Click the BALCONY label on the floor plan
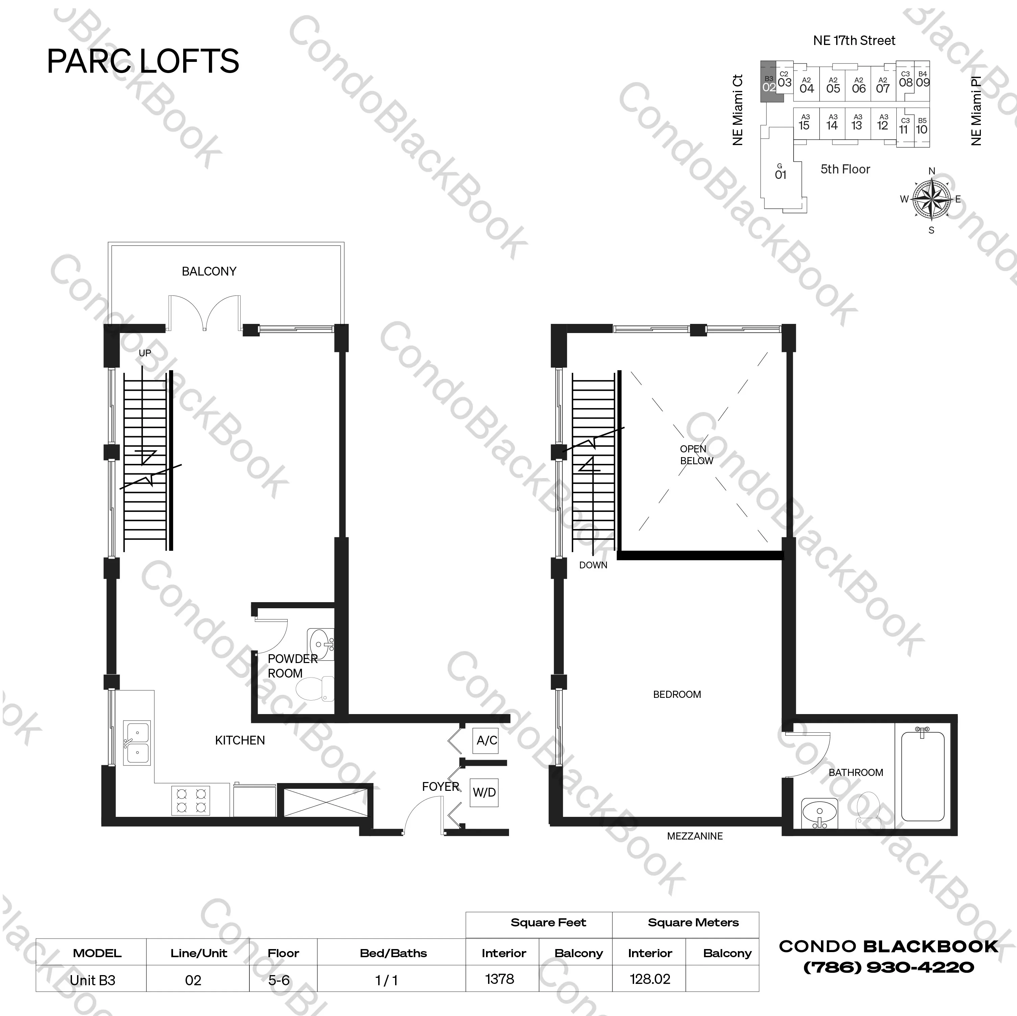pos(209,271)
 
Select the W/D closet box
pos(484,792)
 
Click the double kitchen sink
pos(137,743)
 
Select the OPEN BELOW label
pos(696,454)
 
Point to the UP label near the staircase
pos(145,353)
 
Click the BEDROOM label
pos(677,694)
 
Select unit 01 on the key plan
pos(781,173)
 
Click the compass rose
pos(932,199)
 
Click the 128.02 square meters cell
pos(650,978)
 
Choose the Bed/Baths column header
pos(393,953)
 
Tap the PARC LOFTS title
pos(143,61)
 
